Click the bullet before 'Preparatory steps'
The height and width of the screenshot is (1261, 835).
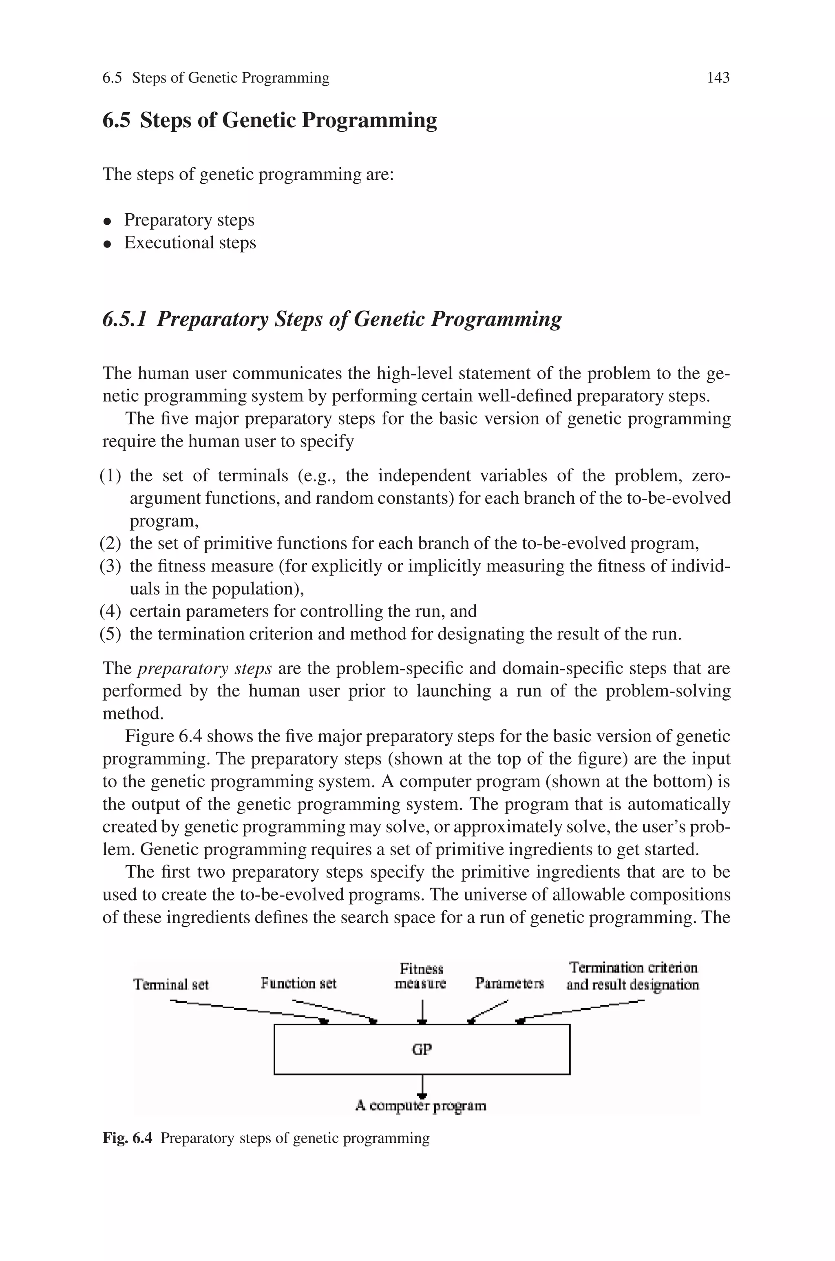click(x=108, y=221)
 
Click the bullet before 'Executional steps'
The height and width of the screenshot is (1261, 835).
click(x=108, y=244)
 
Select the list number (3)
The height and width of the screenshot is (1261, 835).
click(x=110, y=566)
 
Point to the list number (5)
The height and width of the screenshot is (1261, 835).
click(x=110, y=634)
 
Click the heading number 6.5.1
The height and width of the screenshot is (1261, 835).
click(x=124, y=319)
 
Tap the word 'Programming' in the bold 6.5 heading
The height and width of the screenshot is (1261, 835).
click(x=369, y=120)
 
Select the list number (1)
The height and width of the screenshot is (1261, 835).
click(x=110, y=475)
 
